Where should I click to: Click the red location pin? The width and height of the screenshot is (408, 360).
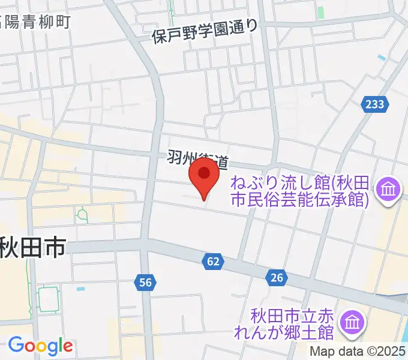pyautogui.click(x=204, y=181)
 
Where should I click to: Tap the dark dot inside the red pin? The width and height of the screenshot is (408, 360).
pyautogui.click(x=204, y=174)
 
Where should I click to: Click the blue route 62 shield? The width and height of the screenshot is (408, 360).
pyautogui.click(x=213, y=261)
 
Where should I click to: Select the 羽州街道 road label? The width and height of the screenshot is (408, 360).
pyautogui.click(x=197, y=160)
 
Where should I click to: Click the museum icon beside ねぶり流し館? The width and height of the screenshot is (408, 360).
pyautogui.click(x=388, y=191)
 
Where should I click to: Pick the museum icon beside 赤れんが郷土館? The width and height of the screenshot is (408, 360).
pyautogui.click(x=352, y=323)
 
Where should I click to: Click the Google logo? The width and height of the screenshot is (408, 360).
pyautogui.click(x=40, y=346)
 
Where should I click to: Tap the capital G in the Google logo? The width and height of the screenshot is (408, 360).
pyautogui.click(x=16, y=345)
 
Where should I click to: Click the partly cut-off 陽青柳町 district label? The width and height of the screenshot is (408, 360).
pyautogui.click(x=36, y=22)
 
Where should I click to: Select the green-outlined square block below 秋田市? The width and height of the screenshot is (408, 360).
pyautogui.click(x=48, y=299)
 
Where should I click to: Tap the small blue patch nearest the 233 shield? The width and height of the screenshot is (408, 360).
pyautogui.click(x=382, y=58)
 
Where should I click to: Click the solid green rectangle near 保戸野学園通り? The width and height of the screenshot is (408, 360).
pyautogui.click(x=320, y=12)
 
